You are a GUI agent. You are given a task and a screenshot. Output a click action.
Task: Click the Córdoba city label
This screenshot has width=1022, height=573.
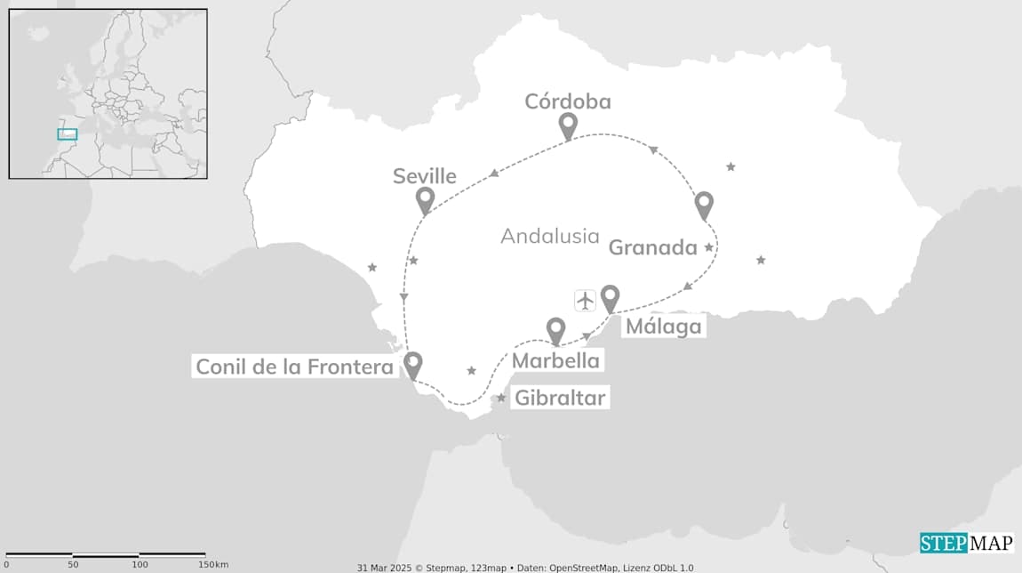(x=567, y=101)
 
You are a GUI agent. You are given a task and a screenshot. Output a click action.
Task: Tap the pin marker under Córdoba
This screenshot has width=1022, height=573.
(x=567, y=126)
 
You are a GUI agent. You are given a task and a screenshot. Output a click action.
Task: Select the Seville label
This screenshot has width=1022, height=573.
(x=425, y=176)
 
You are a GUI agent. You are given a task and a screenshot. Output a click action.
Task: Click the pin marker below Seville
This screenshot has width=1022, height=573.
(x=425, y=200)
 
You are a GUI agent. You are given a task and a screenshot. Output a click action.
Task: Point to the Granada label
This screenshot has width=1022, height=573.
(x=652, y=248)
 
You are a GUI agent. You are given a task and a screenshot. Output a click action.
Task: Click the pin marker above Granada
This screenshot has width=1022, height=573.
(x=704, y=205)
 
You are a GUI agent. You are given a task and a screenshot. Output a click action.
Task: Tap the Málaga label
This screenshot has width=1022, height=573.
(x=663, y=327)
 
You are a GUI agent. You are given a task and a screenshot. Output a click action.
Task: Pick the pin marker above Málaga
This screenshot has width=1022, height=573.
(x=610, y=297)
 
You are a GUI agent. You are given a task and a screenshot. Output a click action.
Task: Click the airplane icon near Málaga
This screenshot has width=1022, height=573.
(x=584, y=300)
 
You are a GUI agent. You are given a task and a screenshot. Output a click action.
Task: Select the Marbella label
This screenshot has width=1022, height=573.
(x=556, y=360)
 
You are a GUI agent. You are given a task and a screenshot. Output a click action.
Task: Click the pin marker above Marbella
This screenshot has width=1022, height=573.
(x=556, y=330)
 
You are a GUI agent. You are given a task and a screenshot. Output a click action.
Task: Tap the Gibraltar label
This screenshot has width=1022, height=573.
(x=561, y=398)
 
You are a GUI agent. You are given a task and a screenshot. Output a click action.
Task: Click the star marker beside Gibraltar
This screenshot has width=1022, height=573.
(x=501, y=398)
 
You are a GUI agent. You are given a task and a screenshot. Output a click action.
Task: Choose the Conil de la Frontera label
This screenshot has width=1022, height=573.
(x=294, y=367)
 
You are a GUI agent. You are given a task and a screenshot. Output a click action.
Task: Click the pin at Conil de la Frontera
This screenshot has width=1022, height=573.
(x=412, y=365)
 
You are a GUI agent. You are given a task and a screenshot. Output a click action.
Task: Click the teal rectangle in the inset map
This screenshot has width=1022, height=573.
(x=68, y=134)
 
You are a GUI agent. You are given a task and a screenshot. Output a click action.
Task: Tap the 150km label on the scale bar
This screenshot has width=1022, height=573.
(x=213, y=564)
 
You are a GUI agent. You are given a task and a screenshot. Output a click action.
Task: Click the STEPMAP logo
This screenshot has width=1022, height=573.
(x=966, y=543)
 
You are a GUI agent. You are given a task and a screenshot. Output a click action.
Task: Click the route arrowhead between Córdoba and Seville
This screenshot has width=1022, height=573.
(x=493, y=173)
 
